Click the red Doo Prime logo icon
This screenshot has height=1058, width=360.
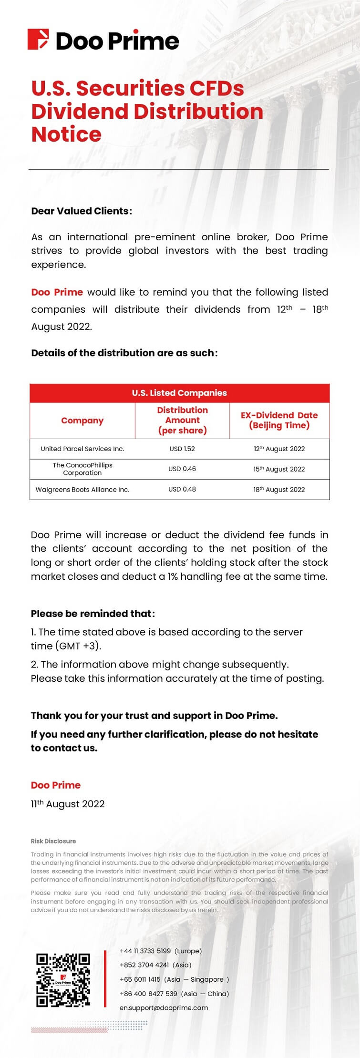(38, 40)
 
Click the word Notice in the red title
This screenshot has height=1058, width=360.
(66, 134)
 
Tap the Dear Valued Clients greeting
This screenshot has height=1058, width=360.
(81, 211)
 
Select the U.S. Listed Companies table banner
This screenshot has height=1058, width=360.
(179, 393)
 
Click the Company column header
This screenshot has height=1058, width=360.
(82, 421)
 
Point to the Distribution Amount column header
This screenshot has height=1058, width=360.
(182, 420)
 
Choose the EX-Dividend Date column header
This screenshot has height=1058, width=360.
(279, 420)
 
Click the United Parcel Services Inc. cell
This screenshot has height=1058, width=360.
(82, 449)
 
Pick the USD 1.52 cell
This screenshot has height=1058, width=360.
(182, 449)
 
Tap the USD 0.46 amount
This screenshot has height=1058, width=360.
(182, 469)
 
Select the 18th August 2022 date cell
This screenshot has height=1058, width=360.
(279, 489)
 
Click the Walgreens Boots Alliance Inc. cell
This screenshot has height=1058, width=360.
(82, 489)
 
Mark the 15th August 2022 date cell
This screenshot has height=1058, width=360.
(279, 469)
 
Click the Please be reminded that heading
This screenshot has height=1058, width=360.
(93, 614)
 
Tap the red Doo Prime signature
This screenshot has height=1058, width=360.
(55, 785)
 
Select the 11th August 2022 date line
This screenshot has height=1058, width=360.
(67, 804)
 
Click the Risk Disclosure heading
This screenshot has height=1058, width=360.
(53, 841)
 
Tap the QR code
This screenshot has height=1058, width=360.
(63, 980)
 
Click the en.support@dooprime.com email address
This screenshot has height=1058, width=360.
(164, 1007)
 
